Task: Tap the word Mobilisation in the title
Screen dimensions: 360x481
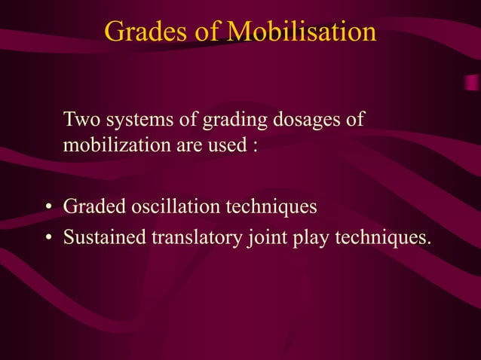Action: click(302, 32)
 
